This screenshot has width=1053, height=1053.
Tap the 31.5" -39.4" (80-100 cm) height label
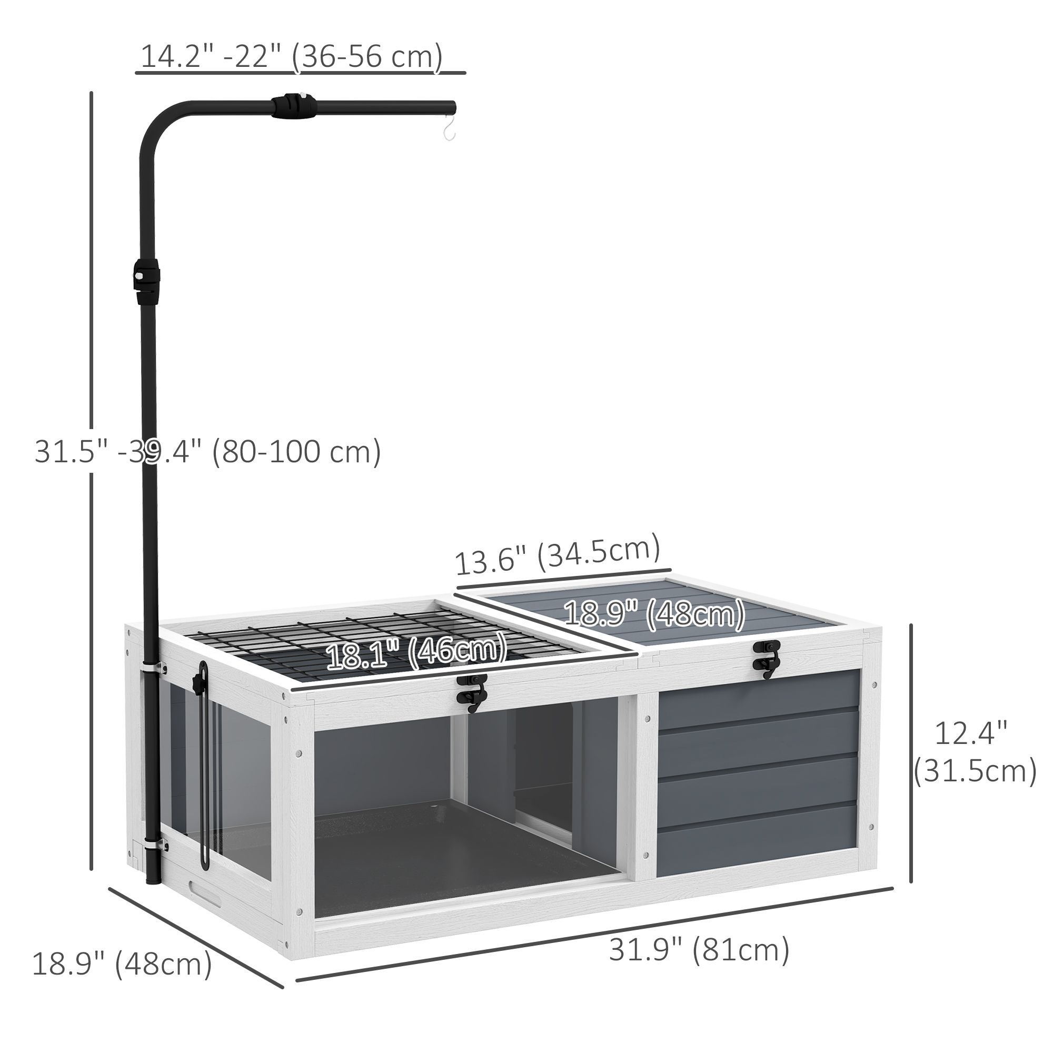207,451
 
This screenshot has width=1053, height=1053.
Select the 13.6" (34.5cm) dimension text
558,555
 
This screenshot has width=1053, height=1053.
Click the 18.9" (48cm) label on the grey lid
654,614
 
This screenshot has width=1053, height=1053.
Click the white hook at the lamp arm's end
449,128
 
